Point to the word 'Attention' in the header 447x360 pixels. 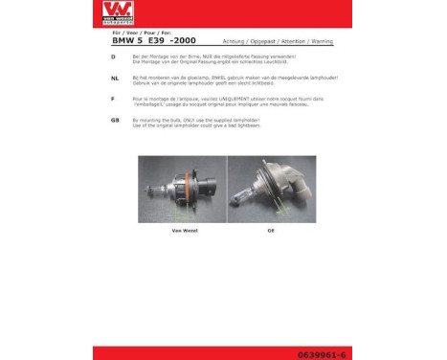click(289, 42)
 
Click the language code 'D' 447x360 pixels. click(115, 57)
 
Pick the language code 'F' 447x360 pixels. click(114, 99)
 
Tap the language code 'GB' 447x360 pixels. click(116, 120)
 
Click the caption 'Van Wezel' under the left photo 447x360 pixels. click(183, 231)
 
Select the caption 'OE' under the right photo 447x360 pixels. click(270, 231)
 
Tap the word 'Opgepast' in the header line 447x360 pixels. click(260, 42)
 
